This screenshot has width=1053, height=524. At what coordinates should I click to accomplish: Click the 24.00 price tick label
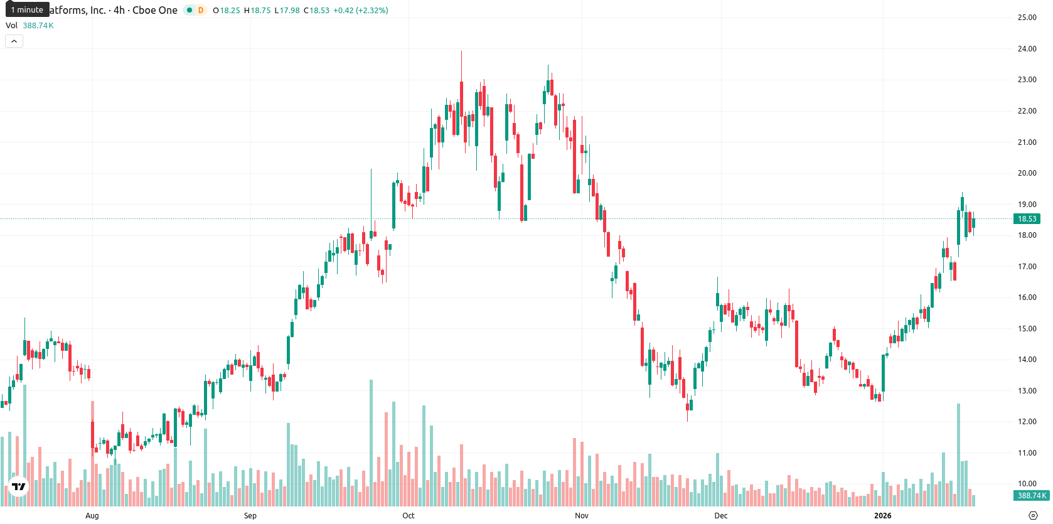[x=1027, y=48]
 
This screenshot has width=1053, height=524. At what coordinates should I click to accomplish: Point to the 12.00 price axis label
[x=1027, y=422]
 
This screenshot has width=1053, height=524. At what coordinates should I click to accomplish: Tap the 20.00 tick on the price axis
[x=1027, y=173]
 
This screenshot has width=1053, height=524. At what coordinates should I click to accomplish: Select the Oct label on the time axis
[x=408, y=516]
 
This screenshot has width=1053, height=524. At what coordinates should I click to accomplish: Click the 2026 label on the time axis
[x=882, y=516]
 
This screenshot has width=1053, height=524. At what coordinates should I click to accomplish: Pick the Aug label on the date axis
[x=92, y=516]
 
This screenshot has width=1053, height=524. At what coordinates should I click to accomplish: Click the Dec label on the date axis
[x=720, y=516]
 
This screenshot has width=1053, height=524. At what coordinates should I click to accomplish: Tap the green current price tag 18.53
[x=1027, y=218]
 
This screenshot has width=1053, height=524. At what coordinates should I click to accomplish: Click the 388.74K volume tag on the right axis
[x=1031, y=495]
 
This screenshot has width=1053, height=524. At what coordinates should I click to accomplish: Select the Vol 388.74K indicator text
[x=29, y=25]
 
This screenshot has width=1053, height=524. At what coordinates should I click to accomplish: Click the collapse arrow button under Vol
[x=14, y=41]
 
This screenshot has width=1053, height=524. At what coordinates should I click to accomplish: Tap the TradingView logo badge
[x=19, y=486]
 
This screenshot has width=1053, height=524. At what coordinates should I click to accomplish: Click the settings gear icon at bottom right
[x=1033, y=516]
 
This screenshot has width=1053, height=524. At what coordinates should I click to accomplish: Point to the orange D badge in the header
[x=201, y=10]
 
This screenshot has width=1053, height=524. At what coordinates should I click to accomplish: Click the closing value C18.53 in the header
[x=316, y=10]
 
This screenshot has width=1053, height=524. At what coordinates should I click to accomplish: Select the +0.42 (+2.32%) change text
[x=361, y=10]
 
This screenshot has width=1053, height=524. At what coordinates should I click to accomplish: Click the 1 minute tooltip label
[x=27, y=9]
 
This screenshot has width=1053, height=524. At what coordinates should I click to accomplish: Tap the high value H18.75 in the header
[x=258, y=10]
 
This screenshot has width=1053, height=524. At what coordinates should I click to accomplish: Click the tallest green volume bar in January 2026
[x=958, y=455]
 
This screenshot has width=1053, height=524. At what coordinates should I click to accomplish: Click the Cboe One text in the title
[x=154, y=10]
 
